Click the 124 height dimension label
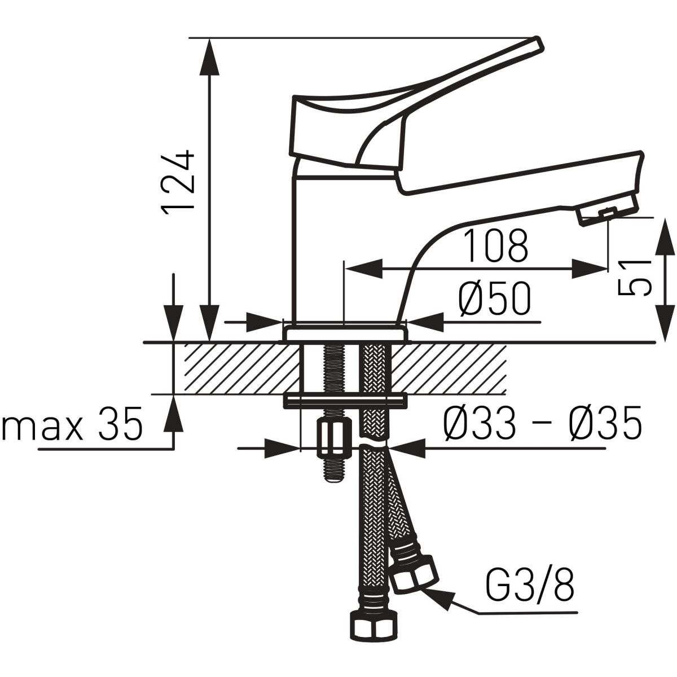(x=178, y=182)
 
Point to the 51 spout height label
(x=635, y=278)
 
